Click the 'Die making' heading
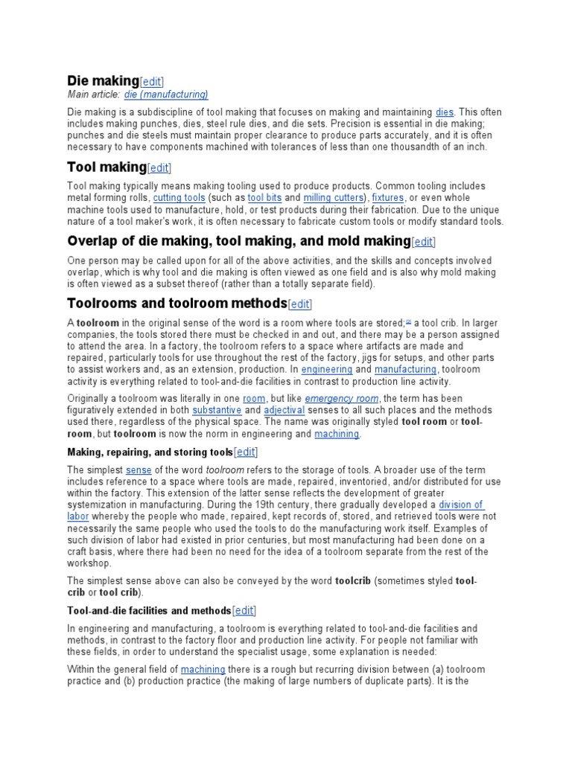(x=103, y=80)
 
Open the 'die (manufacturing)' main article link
(x=166, y=95)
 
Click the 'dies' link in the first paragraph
(x=444, y=112)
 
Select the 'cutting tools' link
(x=179, y=198)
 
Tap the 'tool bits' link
(x=264, y=198)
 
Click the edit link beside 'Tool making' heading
(x=159, y=169)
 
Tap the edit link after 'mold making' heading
(x=424, y=242)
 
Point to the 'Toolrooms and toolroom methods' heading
(x=177, y=303)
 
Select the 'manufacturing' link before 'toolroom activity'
(x=404, y=370)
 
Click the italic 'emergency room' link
(x=342, y=398)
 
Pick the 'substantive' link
(x=217, y=410)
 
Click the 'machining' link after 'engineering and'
(x=337, y=434)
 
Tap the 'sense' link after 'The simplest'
(x=139, y=470)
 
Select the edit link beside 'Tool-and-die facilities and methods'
(x=244, y=611)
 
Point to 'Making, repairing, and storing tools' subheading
(x=150, y=452)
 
